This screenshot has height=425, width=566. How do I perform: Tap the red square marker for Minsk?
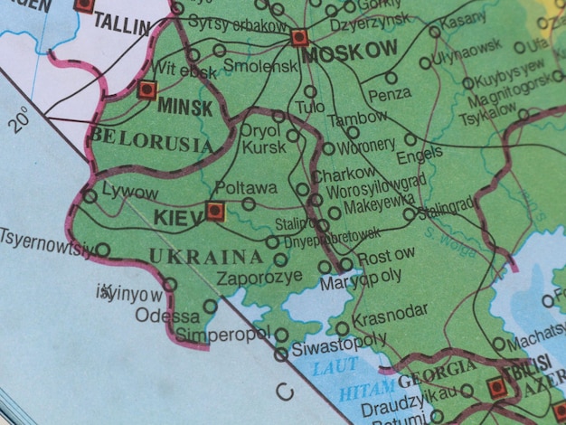click(148, 90)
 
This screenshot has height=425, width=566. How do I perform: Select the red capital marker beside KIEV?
click(214, 212)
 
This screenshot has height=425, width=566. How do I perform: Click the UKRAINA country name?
click(206, 257)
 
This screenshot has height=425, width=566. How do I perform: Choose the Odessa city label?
click(167, 316)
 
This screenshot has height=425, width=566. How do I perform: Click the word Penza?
click(391, 93)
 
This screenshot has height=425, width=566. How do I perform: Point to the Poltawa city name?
click(246, 188)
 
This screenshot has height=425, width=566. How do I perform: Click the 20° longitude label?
click(23, 119)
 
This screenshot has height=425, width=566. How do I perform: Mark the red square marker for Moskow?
click(300, 37)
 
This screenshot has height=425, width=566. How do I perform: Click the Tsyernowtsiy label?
click(44, 242)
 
